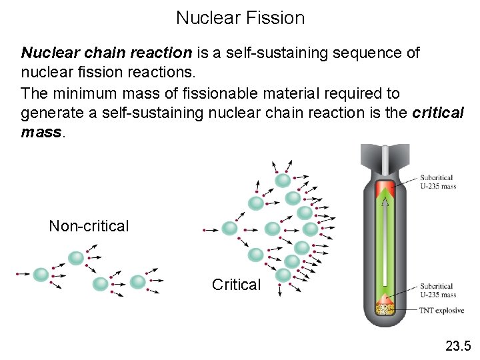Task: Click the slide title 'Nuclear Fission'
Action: click(x=240, y=18)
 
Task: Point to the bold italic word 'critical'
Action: click(x=438, y=113)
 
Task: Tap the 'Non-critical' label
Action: click(x=89, y=226)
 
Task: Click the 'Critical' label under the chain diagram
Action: click(x=236, y=285)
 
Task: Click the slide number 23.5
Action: click(x=458, y=345)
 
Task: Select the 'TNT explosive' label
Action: click(x=441, y=310)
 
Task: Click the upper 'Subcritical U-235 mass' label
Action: click(x=437, y=182)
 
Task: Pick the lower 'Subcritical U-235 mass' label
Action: click(x=437, y=290)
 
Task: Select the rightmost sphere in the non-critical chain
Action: click(x=137, y=282)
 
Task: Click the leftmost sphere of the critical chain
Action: click(x=229, y=229)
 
